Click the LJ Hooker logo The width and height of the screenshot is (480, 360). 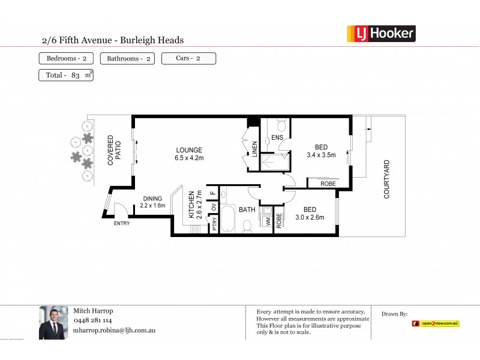381,34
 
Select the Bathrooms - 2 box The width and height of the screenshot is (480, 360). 127,59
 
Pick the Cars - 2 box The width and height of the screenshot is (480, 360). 188,58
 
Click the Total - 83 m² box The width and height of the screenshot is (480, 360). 65,75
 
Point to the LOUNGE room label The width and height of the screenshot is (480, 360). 189,150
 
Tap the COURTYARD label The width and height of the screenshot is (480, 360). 387,179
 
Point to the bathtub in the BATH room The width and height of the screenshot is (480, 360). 229,220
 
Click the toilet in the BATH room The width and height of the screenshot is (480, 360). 247,226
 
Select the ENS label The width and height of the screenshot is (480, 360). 277,137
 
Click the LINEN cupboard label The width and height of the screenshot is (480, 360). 254,149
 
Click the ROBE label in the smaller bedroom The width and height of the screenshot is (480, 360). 279,221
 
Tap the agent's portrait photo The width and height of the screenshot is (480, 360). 53,323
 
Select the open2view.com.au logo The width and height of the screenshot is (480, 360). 436,323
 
